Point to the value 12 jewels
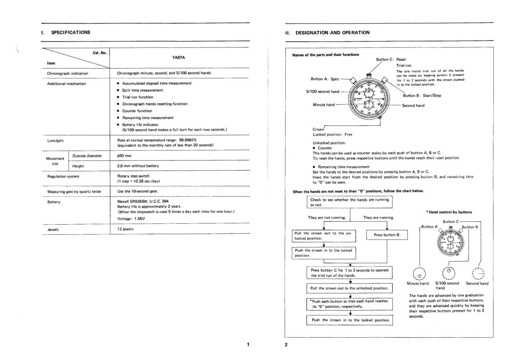[x=125, y=229]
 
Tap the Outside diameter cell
[x=87, y=156]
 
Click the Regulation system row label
[x=63, y=176]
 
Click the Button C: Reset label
[x=391, y=60]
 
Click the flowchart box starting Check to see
[x=349, y=202]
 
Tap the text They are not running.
[x=325, y=218]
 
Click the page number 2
[x=286, y=344]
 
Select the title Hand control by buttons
[x=449, y=212]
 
